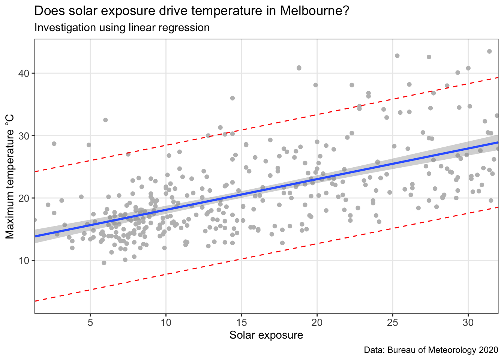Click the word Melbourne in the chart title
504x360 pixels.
pyautogui.click(x=314, y=11)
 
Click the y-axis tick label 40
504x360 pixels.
pyautogui.click(x=24, y=73)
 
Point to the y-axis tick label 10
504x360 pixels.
pyautogui.click(x=24, y=260)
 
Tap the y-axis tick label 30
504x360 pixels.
pyautogui.click(x=24, y=135)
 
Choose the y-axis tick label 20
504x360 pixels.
pyautogui.click(x=24, y=198)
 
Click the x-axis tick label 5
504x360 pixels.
pyautogui.click(x=90, y=322)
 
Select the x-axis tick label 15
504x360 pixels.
pyautogui.click(x=241, y=322)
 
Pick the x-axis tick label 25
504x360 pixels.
pyautogui.click(x=393, y=322)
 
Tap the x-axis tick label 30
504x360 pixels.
pyautogui.click(x=468, y=322)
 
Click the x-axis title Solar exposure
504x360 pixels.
pyautogui.click(x=266, y=335)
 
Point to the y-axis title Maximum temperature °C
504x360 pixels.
pyautogui.click(x=10, y=176)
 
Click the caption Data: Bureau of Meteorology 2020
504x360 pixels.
pyautogui.click(x=431, y=350)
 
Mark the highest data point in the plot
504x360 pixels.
pyautogui.click(x=489, y=51)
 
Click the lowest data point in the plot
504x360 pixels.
pyautogui.click(x=104, y=263)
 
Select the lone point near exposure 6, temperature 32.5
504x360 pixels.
pyautogui.click(x=105, y=120)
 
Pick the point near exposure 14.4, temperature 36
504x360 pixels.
pyautogui.click(x=232, y=98)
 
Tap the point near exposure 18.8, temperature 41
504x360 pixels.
pyautogui.click(x=299, y=68)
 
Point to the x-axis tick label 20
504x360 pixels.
pyautogui.click(x=317, y=322)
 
